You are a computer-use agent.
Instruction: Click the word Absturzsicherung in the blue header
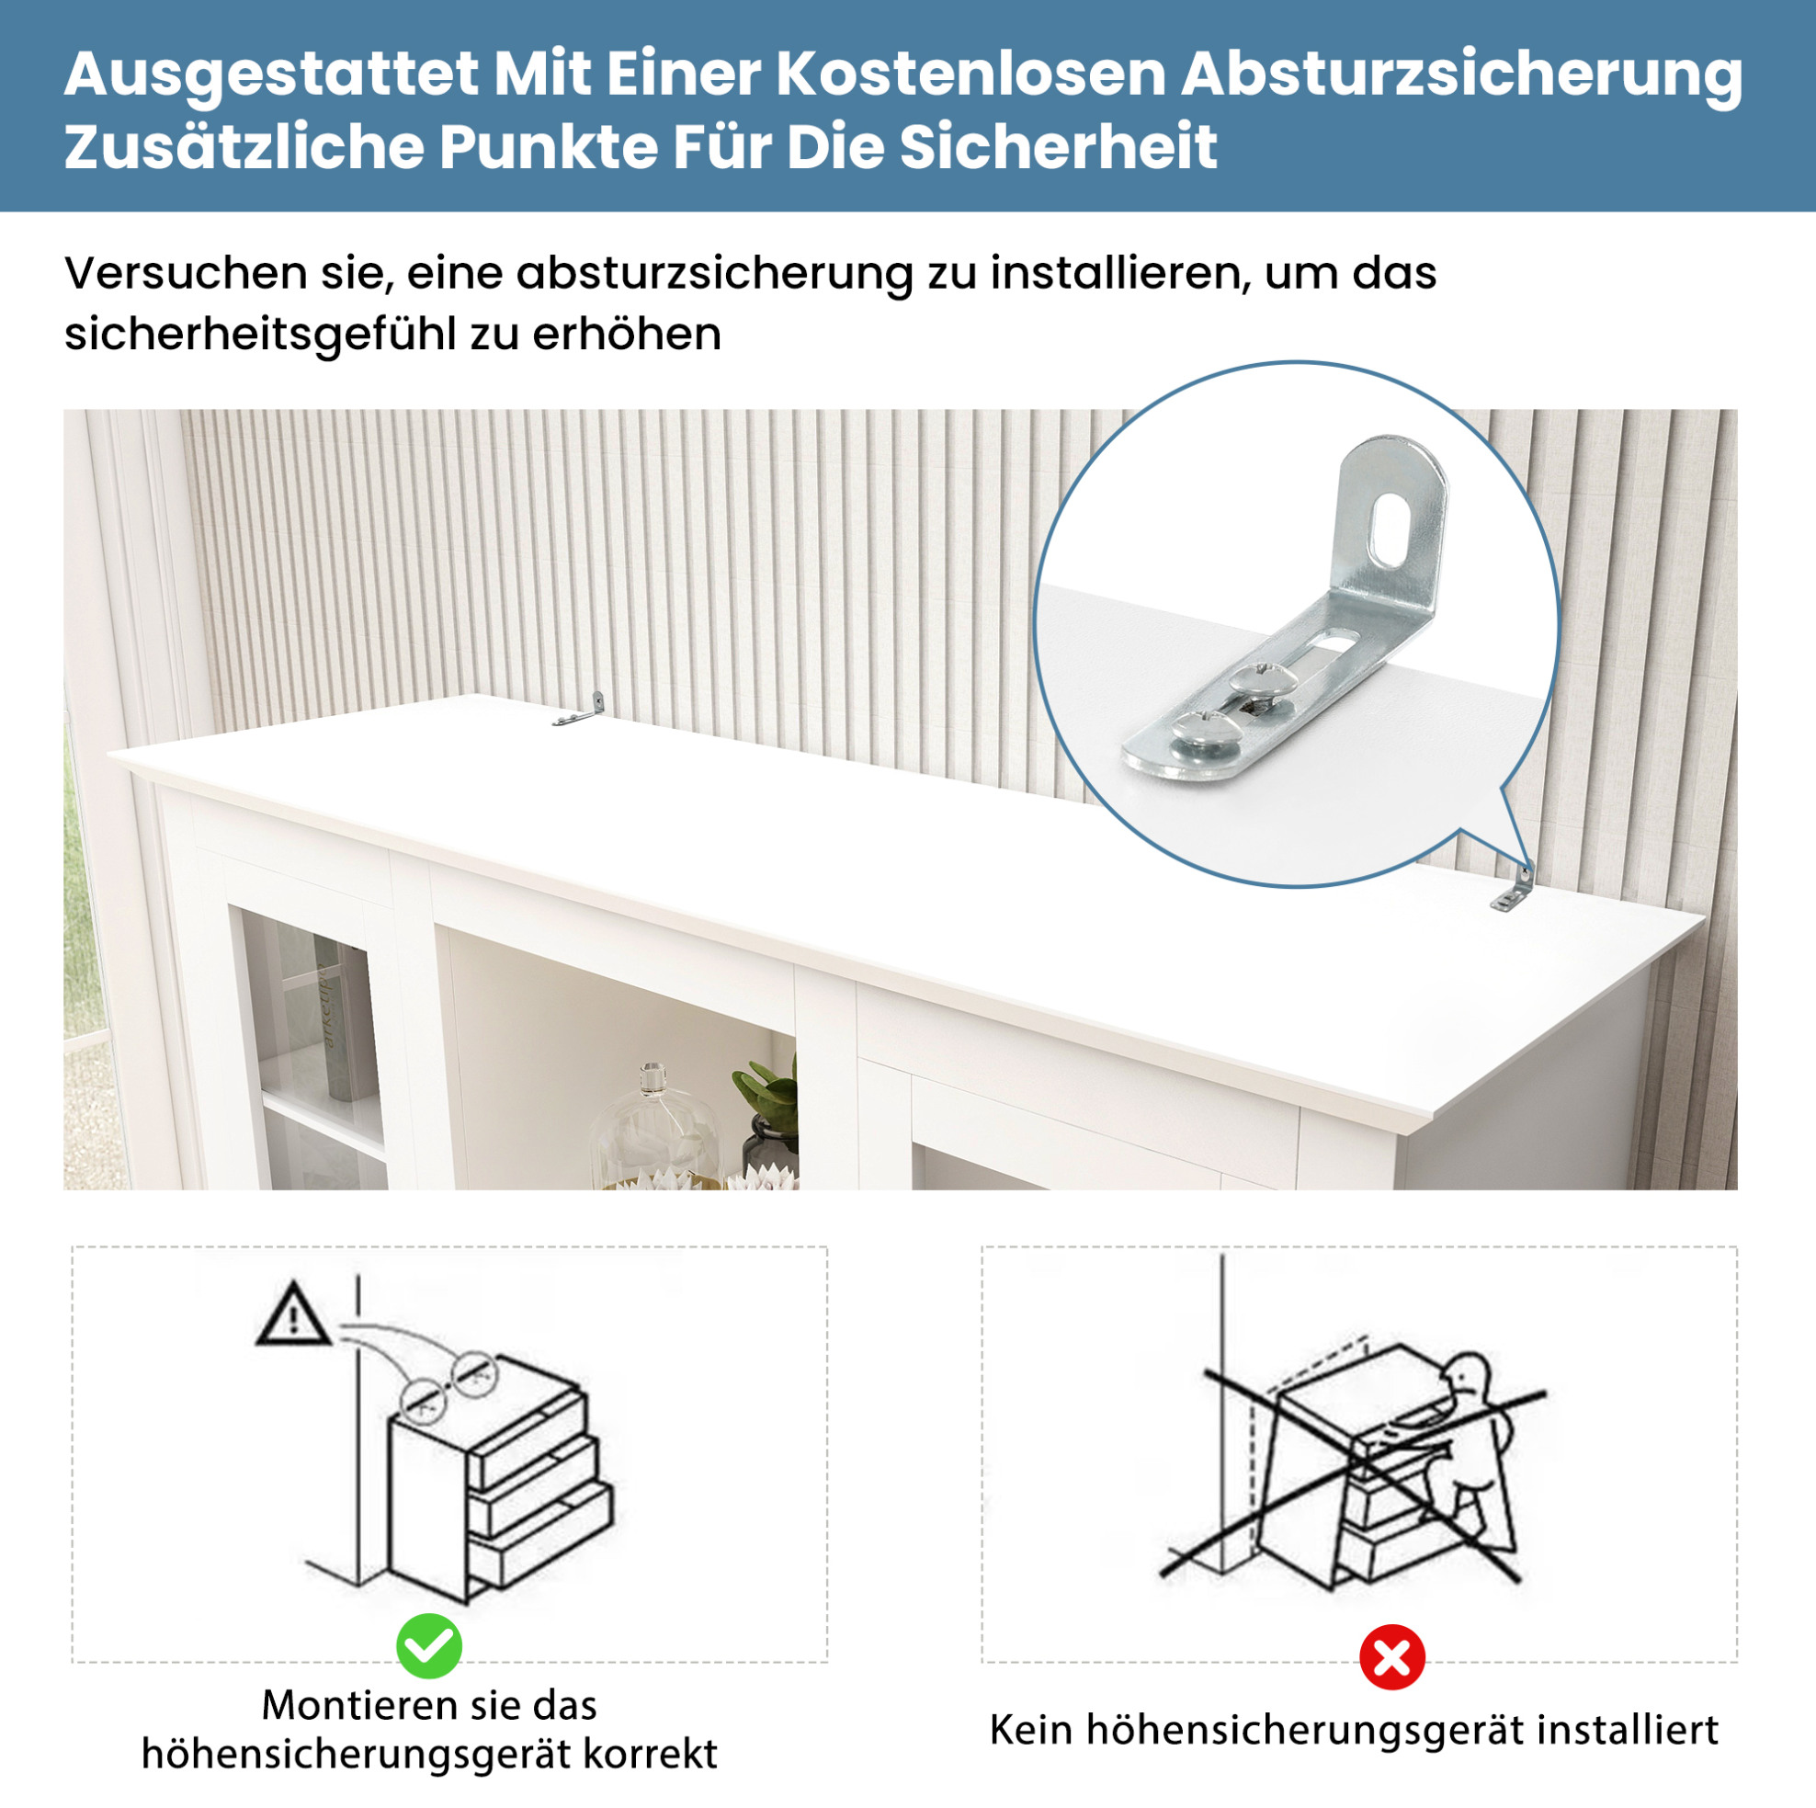[x=1461, y=76]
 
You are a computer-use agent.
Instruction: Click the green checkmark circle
[x=428, y=1646]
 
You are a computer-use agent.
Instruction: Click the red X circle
[x=1392, y=1656]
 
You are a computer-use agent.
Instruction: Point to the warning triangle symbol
[x=293, y=1313]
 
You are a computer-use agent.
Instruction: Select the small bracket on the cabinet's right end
[x=1513, y=889]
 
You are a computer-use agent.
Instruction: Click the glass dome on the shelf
[x=653, y=1127]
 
